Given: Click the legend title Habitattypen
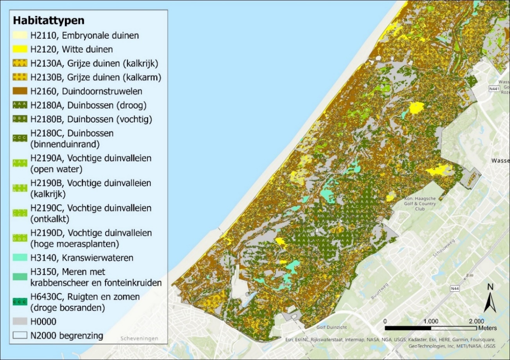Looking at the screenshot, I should pyautogui.click(x=49, y=20).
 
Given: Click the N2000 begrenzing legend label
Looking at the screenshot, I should pyautogui.click(x=67, y=335).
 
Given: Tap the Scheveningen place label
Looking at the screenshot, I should pyautogui.click(x=140, y=339).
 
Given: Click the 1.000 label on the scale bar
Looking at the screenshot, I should pyautogui.click(x=431, y=321).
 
